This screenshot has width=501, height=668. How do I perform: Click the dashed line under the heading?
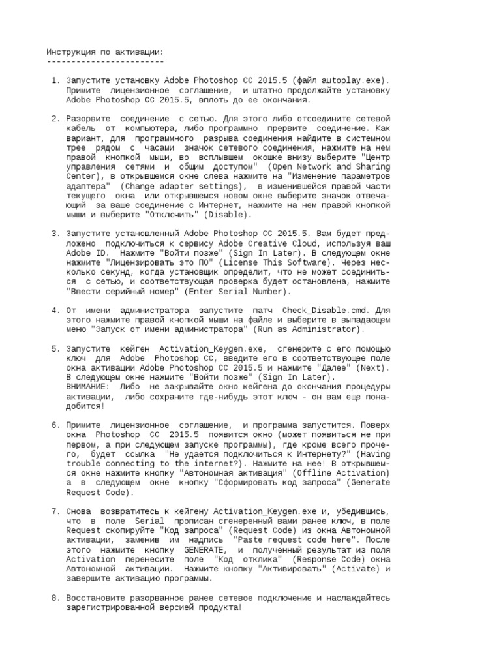(x=105, y=61)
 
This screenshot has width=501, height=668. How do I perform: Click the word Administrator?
(x=326, y=329)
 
